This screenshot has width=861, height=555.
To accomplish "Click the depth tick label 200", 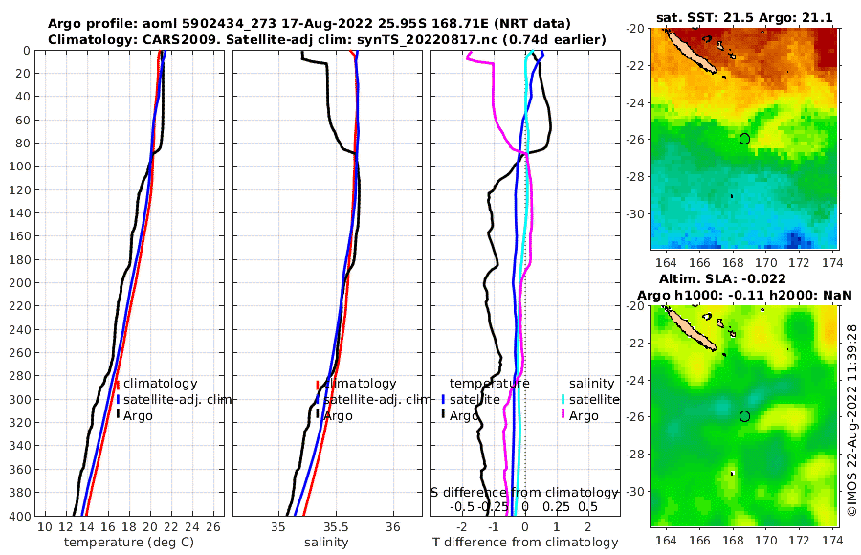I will pyautogui.click(x=20, y=282).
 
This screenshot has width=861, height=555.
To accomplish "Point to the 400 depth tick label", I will pyautogui.click(x=20, y=516).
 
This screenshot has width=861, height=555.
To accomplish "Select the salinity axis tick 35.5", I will pyautogui.click(x=335, y=527).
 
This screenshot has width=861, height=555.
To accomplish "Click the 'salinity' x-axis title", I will pyautogui.click(x=325, y=543).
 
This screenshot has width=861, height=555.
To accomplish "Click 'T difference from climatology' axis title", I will pyautogui.click(x=526, y=543).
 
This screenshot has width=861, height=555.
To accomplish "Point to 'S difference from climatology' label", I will pyautogui.click(x=525, y=491).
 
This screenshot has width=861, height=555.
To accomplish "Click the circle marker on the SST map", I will pyautogui.click(x=745, y=139).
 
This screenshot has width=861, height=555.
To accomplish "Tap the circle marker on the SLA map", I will pyautogui.click(x=745, y=416).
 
